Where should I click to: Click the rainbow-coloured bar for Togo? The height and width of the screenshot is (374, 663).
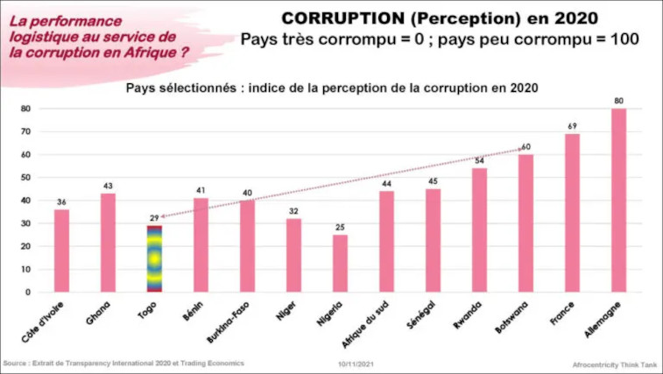point(154,258)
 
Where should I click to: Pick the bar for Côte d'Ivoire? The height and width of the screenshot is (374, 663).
point(61,251)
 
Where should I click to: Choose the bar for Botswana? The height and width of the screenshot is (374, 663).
point(525,223)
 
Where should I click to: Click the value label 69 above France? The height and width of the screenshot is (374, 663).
point(572,126)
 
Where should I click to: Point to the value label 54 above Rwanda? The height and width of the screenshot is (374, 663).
point(479,160)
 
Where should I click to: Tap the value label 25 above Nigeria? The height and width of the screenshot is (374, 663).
point(340,227)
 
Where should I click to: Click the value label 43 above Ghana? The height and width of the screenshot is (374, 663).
point(108,186)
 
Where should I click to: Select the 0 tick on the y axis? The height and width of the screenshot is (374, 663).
point(27,292)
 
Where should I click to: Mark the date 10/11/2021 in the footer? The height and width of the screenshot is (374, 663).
point(356,363)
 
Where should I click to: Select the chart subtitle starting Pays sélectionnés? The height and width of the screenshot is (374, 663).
point(331,88)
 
